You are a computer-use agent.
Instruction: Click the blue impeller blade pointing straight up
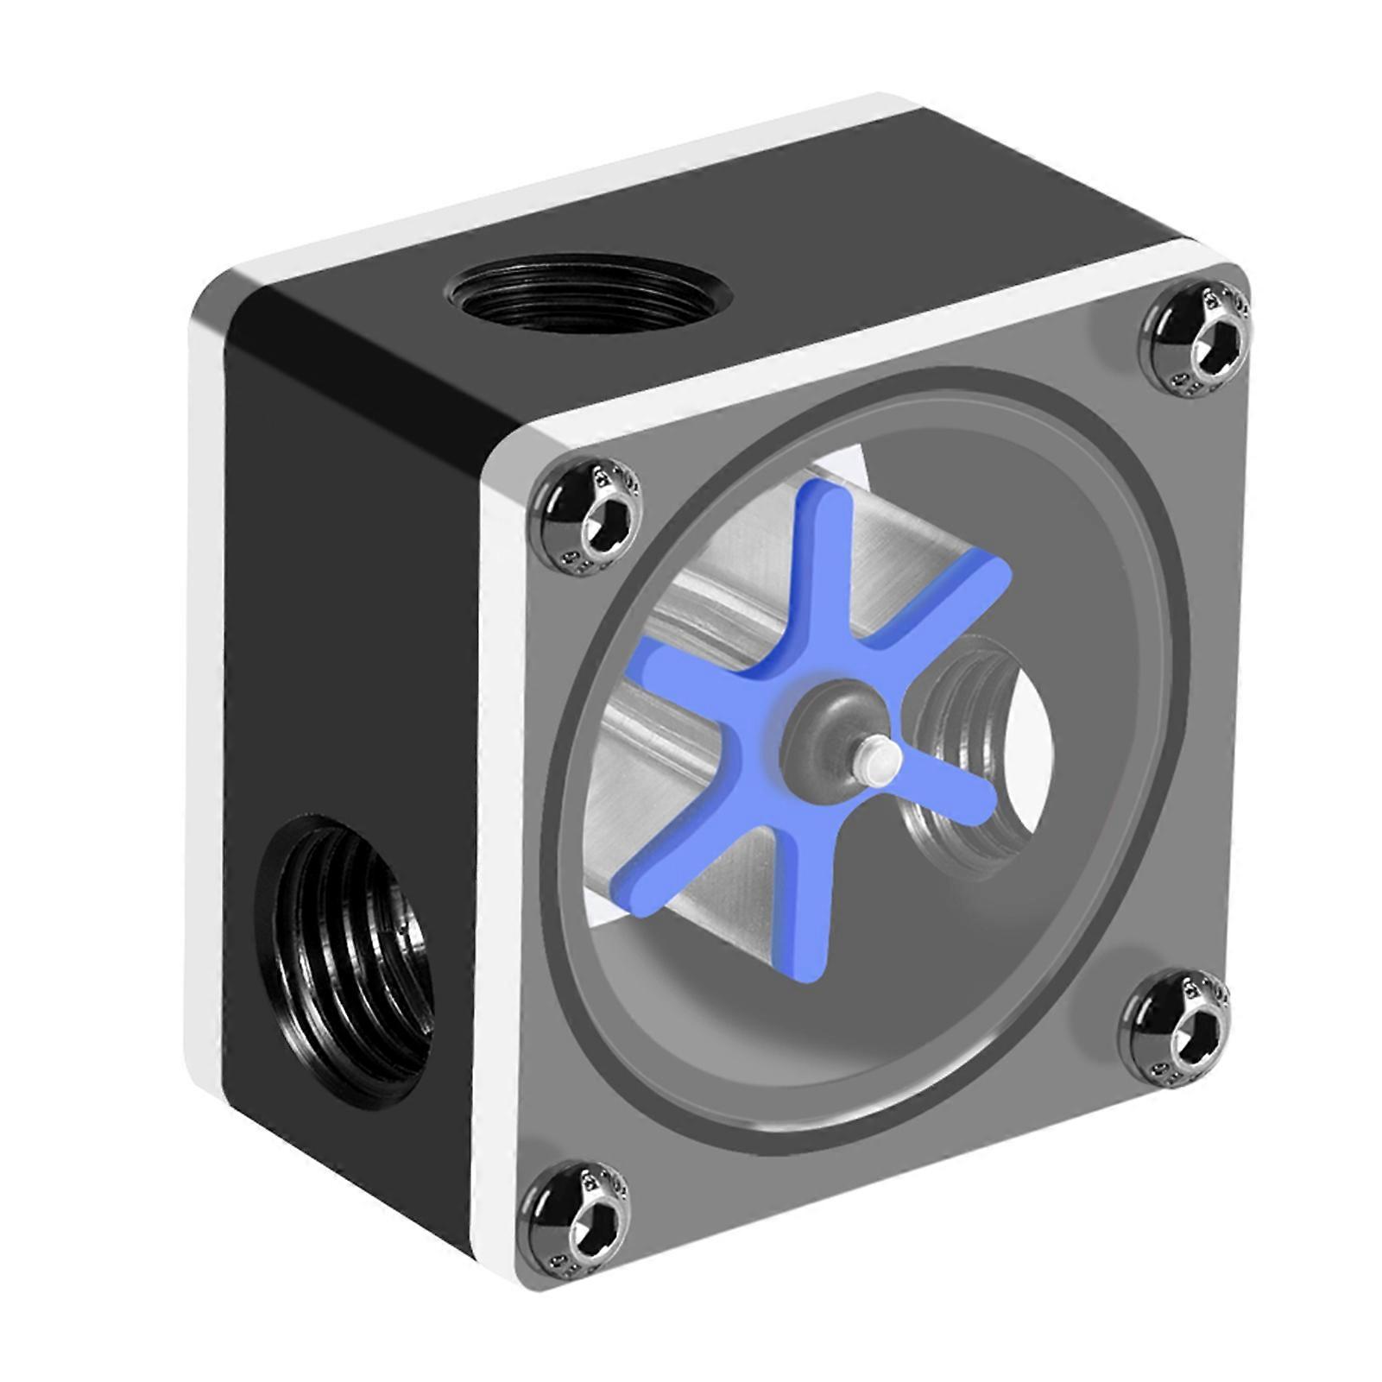tap(820, 552)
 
